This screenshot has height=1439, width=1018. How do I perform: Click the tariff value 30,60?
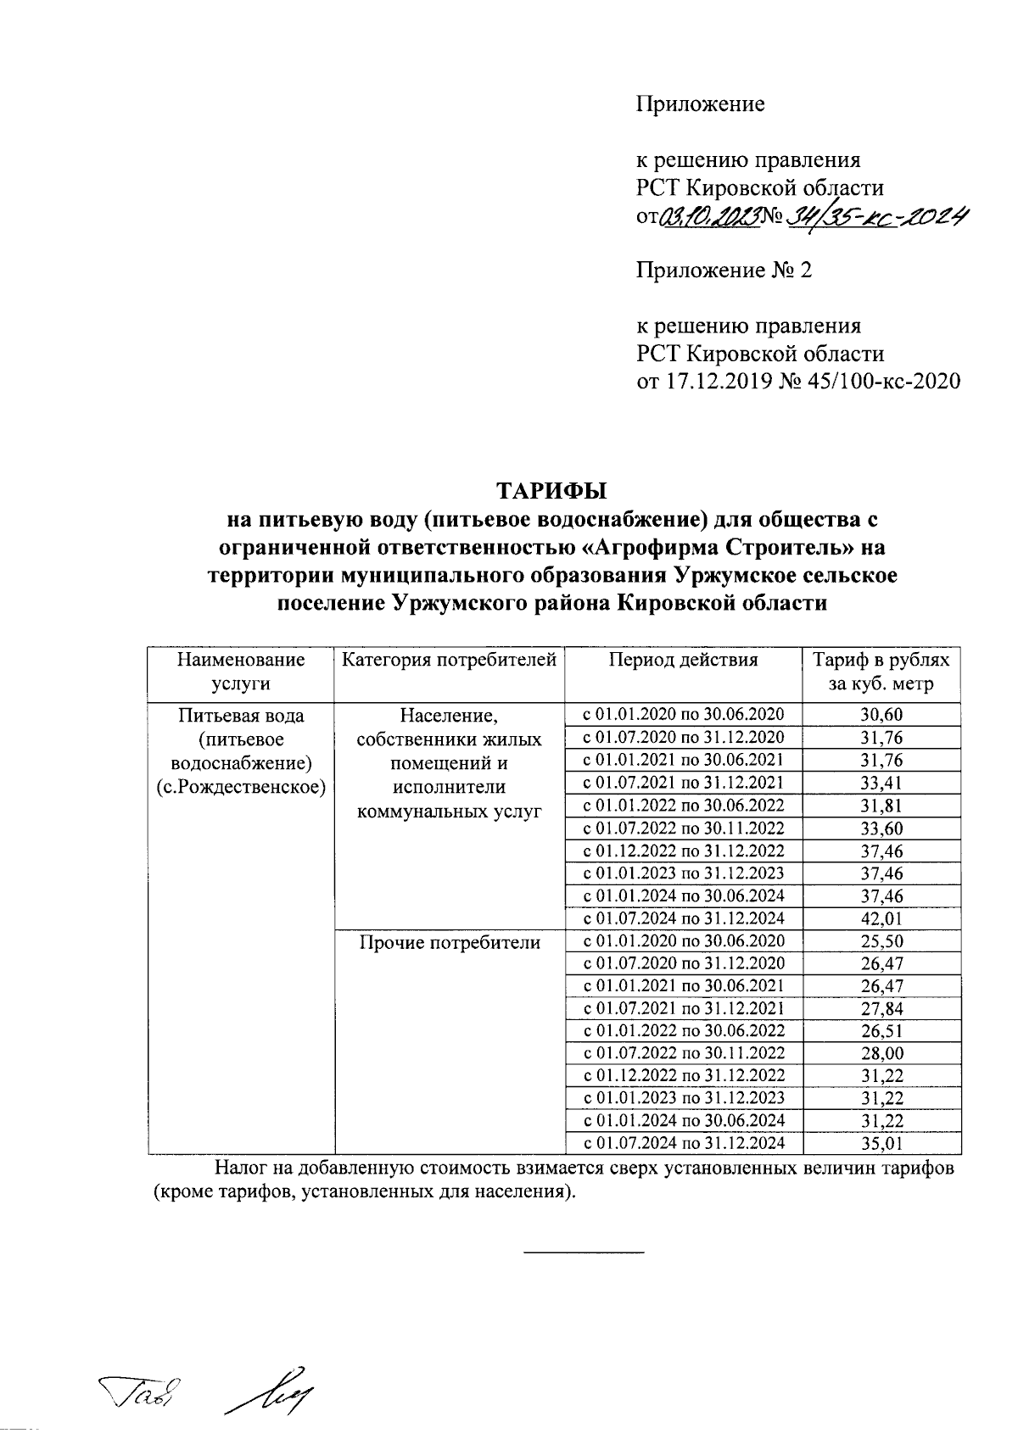(x=881, y=715)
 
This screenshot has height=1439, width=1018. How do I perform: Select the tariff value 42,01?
(x=881, y=918)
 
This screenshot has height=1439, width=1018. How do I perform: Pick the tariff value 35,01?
(x=881, y=1144)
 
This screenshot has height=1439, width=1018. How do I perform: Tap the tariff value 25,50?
(x=881, y=941)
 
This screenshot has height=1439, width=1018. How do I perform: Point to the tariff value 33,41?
(x=881, y=783)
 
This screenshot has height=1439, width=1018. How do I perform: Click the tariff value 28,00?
(x=881, y=1054)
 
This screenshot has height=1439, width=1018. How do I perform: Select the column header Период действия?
(x=683, y=660)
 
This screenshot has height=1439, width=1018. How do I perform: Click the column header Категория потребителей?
(x=449, y=660)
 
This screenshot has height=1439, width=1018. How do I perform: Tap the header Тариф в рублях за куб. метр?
(x=881, y=672)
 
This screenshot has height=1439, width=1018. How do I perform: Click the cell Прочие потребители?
(x=449, y=942)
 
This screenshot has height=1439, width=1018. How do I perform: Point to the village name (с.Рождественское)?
(x=241, y=785)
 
